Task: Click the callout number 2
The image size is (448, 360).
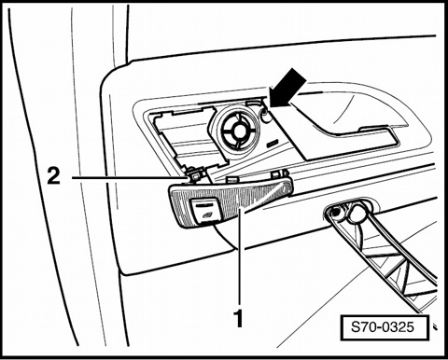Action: [x=54, y=175]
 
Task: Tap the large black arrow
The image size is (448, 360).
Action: [x=287, y=88]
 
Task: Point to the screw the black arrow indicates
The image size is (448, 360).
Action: [x=265, y=116]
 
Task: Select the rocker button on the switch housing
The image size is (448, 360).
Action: [x=206, y=211]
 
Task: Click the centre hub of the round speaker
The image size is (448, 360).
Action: [x=239, y=131]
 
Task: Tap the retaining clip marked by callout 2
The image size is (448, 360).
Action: [x=196, y=176]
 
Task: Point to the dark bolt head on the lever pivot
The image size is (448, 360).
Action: [x=335, y=213]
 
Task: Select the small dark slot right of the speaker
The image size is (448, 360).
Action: [x=273, y=144]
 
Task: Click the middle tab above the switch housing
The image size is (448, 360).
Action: [x=231, y=178]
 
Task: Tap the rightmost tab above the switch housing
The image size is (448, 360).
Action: [x=279, y=173]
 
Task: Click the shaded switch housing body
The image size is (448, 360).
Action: [x=231, y=202]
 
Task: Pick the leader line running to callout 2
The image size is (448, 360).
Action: [x=130, y=178]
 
